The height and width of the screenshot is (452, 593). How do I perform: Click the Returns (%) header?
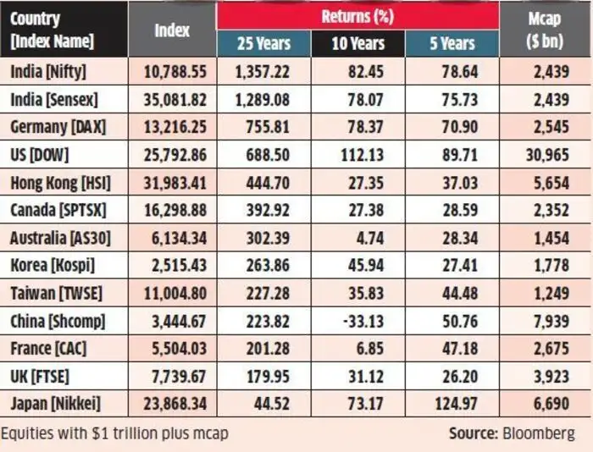(357, 15)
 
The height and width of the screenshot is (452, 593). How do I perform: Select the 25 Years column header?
(263, 43)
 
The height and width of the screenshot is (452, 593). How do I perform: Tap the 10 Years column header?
(358, 43)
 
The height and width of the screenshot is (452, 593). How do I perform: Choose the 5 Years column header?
(452, 43)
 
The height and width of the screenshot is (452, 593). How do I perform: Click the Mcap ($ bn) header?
(546, 30)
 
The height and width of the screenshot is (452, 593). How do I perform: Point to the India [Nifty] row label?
(48, 72)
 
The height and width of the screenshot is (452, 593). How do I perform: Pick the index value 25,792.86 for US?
(173, 155)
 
